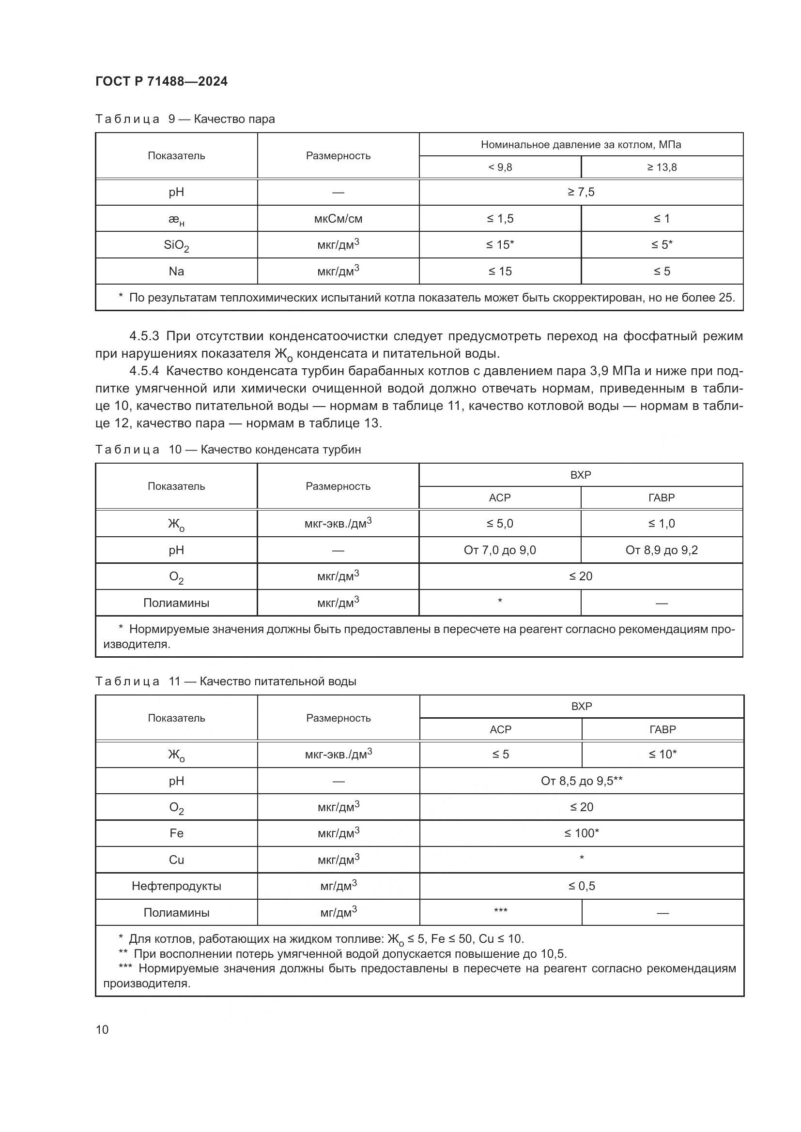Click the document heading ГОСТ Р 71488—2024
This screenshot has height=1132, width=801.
coord(161,81)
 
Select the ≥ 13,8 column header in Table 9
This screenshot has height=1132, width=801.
coord(662,167)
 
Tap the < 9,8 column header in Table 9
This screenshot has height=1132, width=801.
coord(500,167)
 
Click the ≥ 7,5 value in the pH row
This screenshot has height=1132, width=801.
coord(581,192)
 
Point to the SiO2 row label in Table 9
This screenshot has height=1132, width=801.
coord(176,245)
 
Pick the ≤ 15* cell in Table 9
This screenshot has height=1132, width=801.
coord(500,244)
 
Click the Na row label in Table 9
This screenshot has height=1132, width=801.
coord(176,271)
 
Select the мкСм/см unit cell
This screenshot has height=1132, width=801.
coord(338,218)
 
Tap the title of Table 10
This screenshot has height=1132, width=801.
coord(228,449)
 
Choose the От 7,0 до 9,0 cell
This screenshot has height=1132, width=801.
coord(500,550)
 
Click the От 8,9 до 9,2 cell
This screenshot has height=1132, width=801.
coord(662,550)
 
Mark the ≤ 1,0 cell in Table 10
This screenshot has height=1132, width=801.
coord(662,523)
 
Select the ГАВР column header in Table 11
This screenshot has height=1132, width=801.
coord(662,729)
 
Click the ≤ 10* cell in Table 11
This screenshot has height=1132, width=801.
coord(662,754)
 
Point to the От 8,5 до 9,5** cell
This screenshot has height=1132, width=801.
coord(582,781)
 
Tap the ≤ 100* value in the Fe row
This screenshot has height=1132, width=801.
coord(582,833)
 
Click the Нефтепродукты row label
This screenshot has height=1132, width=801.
coord(176,886)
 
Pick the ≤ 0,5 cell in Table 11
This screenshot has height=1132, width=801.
coord(582,886)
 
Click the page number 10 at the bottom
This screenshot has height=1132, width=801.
coord(102,1029)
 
